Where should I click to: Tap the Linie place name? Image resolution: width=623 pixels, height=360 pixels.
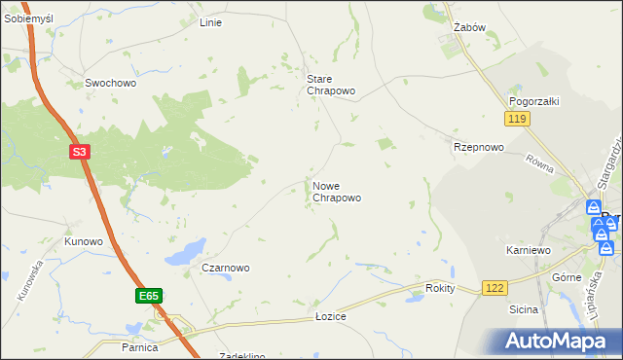[210, 22]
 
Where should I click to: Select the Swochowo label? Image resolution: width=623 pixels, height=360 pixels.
[110, 84]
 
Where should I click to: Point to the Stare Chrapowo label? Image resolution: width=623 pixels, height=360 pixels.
[330, 85]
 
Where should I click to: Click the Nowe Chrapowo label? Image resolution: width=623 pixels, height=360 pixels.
[337, 192]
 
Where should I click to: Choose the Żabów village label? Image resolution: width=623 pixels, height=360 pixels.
[469, 28]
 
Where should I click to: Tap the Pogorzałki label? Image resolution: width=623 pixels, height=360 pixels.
[533, 101]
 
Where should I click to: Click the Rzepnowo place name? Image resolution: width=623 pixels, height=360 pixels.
[478, 148]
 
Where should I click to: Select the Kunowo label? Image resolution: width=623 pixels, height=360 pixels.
[84, 241]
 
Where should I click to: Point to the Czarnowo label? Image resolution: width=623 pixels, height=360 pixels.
[226, 268]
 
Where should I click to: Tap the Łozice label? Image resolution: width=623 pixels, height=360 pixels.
[331, 317]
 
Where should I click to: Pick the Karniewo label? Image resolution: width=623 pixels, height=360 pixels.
[530, 250]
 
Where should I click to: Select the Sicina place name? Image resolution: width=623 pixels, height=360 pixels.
[523, 310]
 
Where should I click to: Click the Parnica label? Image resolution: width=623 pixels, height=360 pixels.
[140, 346]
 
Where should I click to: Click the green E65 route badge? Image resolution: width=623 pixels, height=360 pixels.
[147, 295]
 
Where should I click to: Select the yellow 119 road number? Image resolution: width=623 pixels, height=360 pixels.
[516, 119]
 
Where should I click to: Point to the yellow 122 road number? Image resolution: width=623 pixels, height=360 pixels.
[495, 288]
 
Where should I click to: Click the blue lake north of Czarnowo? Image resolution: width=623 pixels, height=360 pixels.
[185, 254]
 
